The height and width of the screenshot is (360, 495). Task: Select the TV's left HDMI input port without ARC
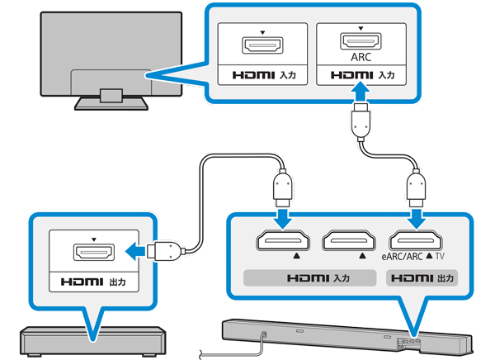point(258,45)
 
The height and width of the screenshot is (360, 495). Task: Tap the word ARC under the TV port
point(361,59)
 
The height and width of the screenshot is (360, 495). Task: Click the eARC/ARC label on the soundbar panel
point(405,258)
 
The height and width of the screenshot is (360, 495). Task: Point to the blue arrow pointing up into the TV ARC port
point(361,83)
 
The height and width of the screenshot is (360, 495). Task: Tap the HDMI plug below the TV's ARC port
point(361,119)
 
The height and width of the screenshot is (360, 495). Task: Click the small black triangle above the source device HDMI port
point(93,239)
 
